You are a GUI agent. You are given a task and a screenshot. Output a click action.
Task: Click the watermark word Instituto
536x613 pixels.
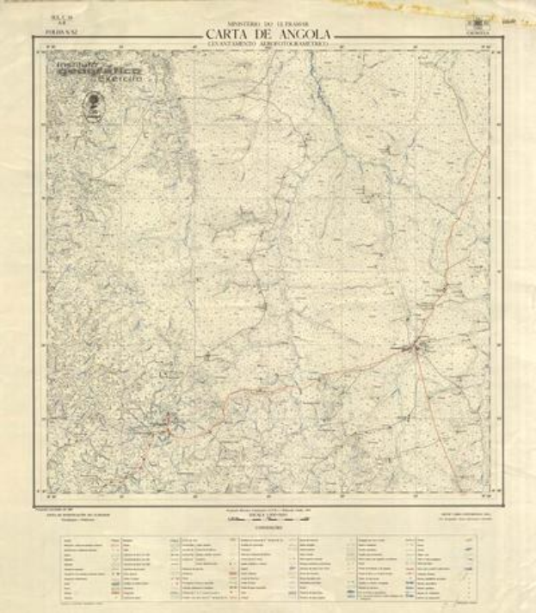pyautogui.click(x=76, y=64)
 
